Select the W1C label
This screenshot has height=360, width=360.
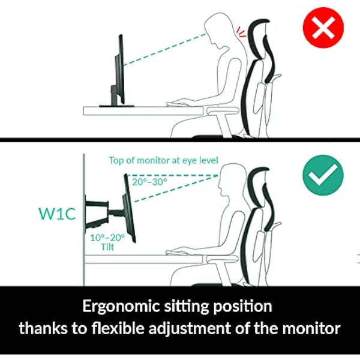(57, 213)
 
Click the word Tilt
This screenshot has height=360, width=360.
(108, 247)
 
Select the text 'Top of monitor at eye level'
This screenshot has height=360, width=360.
(163, 160)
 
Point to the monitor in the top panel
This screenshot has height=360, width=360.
(120, 69)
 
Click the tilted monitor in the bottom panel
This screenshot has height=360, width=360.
(129, 207)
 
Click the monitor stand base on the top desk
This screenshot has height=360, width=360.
(117, 106)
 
